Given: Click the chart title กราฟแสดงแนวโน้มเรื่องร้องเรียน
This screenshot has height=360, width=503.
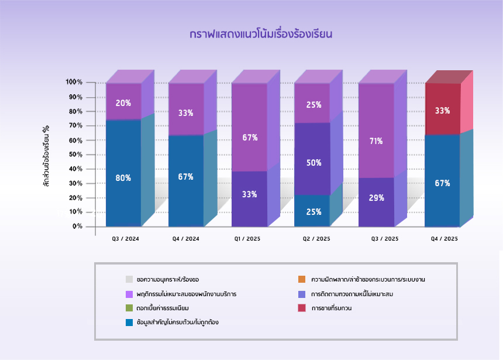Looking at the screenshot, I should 261,34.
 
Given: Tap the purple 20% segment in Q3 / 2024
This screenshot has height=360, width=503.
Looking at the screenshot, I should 123,102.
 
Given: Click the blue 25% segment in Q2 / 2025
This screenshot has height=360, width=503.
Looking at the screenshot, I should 312,211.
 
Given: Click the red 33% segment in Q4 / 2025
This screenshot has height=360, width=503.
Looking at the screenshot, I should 442,109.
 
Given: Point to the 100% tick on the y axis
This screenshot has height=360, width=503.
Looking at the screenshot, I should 74,83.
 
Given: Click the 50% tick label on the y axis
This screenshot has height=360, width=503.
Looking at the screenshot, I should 75,155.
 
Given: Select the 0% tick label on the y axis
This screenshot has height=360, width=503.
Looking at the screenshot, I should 77,227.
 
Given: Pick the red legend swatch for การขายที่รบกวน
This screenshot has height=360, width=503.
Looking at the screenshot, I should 302,308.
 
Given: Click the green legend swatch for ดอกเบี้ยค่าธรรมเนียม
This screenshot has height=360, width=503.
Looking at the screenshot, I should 129,308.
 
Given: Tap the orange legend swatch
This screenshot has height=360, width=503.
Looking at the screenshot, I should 302,279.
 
